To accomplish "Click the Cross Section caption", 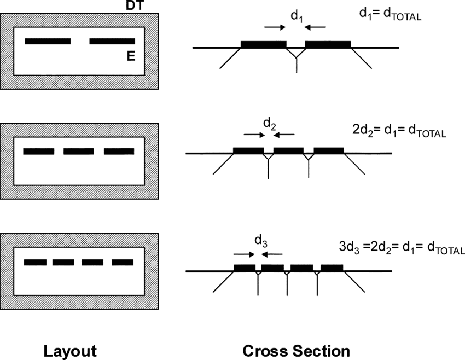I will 295,350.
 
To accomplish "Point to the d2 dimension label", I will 269,124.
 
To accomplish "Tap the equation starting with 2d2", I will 399,131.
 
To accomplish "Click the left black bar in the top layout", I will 48,41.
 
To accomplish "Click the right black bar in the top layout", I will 112,41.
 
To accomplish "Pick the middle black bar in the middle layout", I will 79,152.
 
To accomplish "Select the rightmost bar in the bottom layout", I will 123,263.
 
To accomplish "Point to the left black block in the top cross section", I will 263,44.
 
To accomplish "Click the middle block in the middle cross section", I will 288,150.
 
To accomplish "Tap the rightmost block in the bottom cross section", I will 332,268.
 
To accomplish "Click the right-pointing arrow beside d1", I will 274,27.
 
